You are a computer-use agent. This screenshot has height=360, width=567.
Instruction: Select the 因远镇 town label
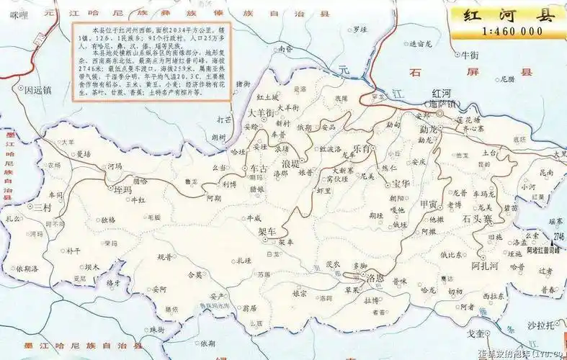[x=38, y=91]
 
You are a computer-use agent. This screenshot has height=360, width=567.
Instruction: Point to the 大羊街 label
[x=260, y=113]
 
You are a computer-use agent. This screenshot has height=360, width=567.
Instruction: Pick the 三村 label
[x=43, y=207]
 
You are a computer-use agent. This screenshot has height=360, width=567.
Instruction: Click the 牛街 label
[x=470, y=55]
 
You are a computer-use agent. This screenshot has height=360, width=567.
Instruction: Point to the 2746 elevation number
[x=558, y=236]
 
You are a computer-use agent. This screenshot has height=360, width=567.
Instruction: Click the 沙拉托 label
[x=541, y=325]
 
